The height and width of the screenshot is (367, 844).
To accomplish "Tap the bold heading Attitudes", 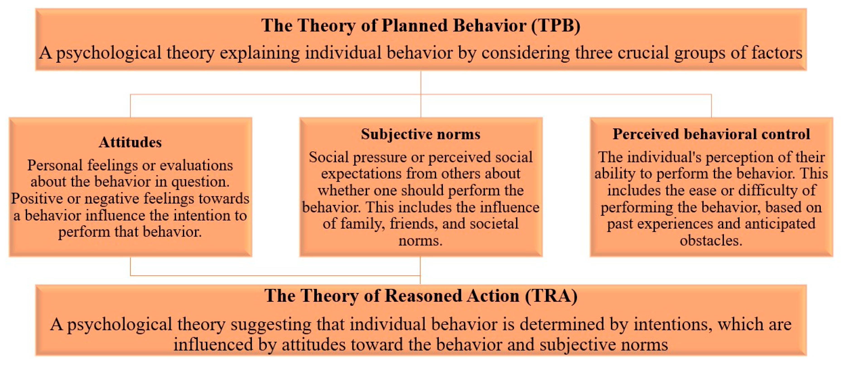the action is [x=130, y=142].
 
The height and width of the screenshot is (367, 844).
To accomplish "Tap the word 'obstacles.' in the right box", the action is [x=711, y=241].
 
